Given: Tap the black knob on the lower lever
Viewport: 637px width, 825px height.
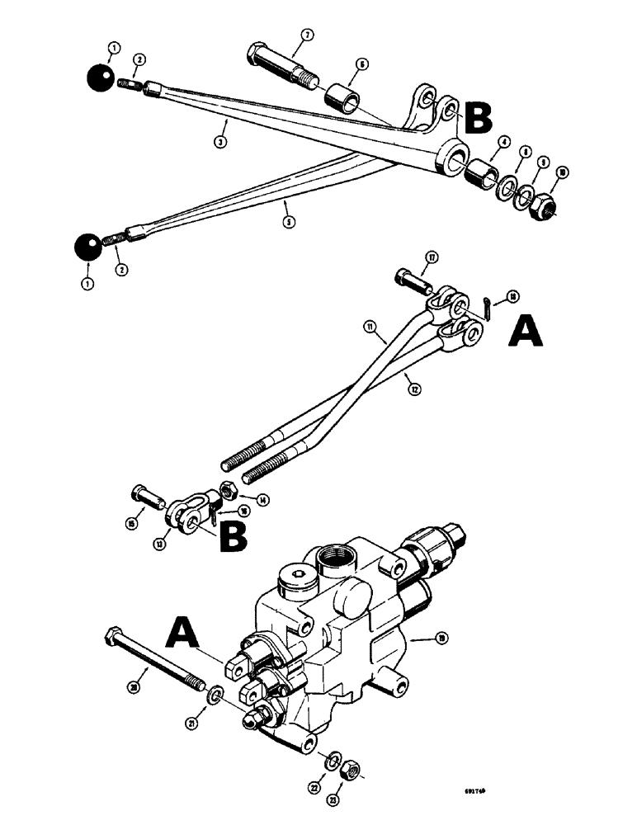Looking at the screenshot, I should click(x=88, y=248).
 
